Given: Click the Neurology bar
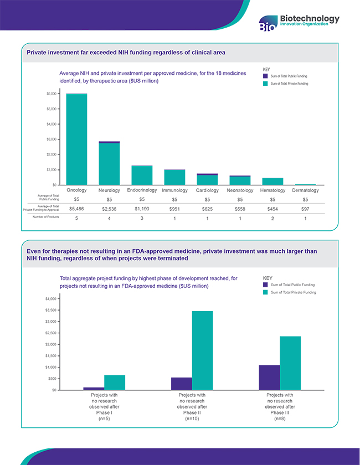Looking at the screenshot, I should point(109,164).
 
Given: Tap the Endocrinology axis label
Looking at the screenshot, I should point(142,190).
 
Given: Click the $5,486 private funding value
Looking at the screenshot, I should point(76,209).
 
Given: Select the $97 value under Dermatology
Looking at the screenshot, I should point(305,209).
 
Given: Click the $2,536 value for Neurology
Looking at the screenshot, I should point(109,209).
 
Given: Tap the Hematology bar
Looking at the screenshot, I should point(272,181).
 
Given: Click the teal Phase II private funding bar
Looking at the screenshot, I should point(202,350).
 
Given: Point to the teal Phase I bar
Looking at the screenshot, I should point(115,383).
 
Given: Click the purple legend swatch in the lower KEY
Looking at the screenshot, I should point(265,285).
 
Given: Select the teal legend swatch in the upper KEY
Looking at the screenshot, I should point(265,83).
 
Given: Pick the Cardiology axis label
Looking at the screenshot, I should point(207,190).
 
